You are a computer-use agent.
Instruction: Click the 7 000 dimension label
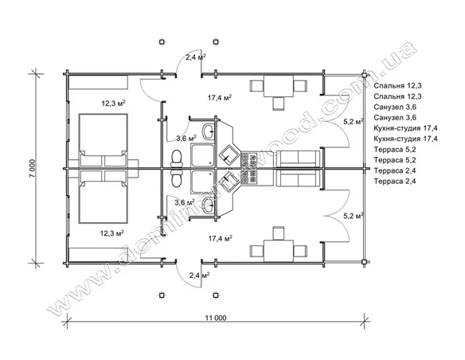[33, 168]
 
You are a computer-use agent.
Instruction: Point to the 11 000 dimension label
[216, 318]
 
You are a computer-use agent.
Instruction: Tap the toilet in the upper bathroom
[176, 159]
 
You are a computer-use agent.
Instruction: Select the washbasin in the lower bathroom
[209, 205]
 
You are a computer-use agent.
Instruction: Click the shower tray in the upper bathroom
[203, 155]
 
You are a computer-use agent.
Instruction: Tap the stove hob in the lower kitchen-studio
[249, 178]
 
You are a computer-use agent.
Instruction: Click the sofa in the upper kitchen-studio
[298, 158]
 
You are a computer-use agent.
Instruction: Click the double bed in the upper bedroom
[104, 140]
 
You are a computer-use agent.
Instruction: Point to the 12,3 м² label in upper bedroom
[113, 104]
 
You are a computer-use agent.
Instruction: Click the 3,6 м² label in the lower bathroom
[184, 202]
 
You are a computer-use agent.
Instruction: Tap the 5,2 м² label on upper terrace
[354, 121]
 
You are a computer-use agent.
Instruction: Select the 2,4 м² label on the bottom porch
[199, 276]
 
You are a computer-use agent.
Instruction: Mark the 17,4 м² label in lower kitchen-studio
[220, 238]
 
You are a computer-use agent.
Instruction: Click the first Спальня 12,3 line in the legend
[397, 86]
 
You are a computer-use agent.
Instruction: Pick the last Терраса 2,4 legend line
[395, 181]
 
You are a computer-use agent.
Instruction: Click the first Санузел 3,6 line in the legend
[395, 107]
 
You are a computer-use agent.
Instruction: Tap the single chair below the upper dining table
[279, 104]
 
